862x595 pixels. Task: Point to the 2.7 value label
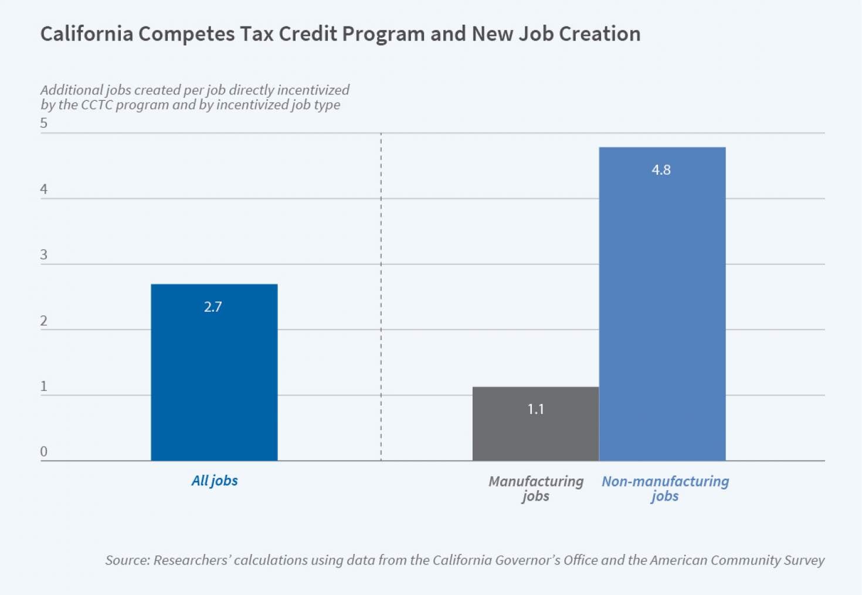click(213, 307)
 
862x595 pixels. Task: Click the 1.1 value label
click(535, 409)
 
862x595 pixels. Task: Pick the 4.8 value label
click(661, 170)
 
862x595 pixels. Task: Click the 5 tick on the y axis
click(44, 123)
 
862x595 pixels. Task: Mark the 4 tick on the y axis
click(44, 189)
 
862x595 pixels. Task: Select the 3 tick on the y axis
click(44, 255)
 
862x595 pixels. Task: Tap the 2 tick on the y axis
click(44, 321)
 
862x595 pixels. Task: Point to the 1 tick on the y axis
click(44, 386)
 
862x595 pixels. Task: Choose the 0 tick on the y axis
click(44, 452)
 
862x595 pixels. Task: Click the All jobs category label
click(215, 481)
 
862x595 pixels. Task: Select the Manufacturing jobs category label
click(536, 489)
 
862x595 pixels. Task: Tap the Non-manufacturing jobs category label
click(665, 489)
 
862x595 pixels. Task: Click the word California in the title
click(86, 34)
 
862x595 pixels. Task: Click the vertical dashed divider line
click(381, 293)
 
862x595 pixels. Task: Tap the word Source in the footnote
click(126, 560)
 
